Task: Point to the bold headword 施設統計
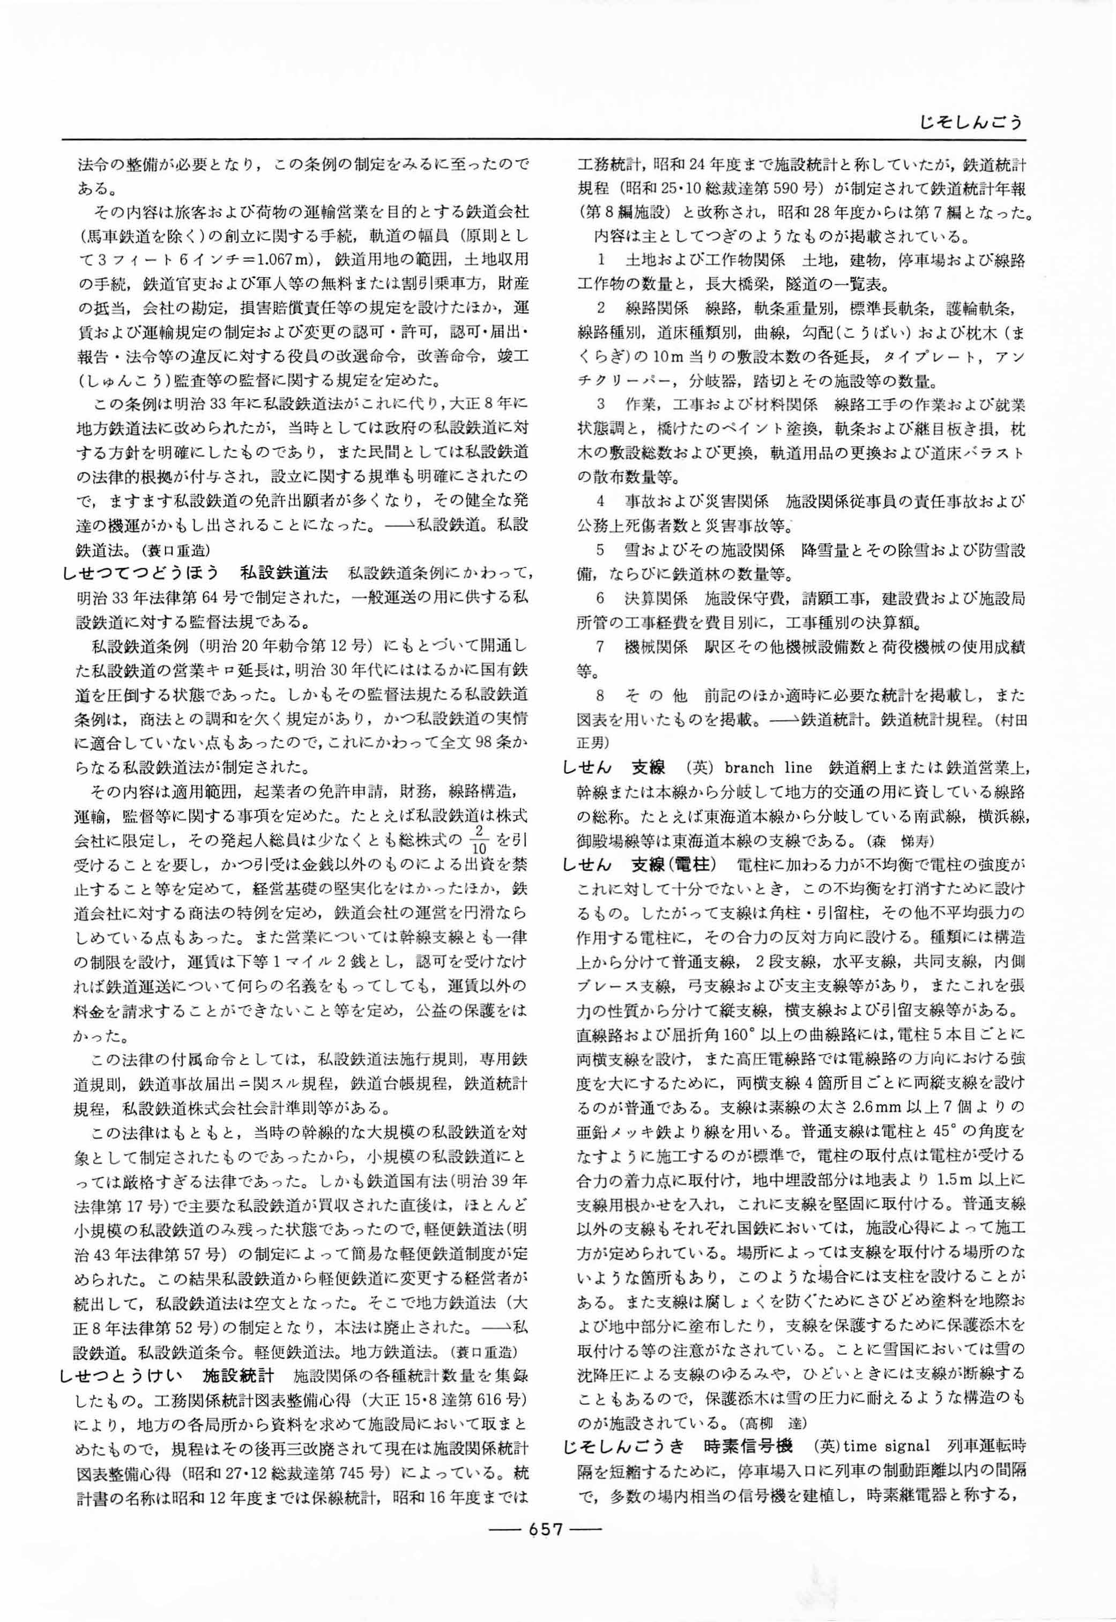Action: point(238,1376)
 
